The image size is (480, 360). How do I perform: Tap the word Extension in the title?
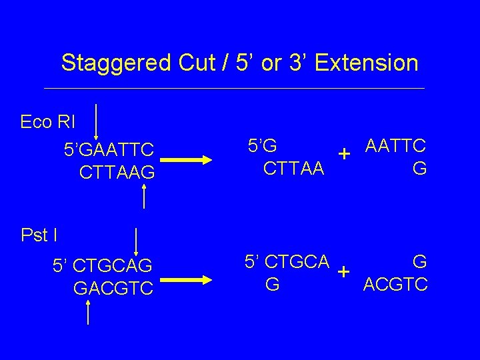point(366,63)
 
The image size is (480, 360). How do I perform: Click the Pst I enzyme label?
point(39,235)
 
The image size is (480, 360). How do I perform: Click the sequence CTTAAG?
point(117,173)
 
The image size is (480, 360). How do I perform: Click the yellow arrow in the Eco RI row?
point(193,160)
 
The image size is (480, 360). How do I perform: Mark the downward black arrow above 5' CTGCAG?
point(136,241)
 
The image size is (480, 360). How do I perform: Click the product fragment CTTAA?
point(294,168)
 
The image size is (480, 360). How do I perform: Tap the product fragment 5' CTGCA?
point(287,261)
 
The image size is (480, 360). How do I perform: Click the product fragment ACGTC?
point(395,285)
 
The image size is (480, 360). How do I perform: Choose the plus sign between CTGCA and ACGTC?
point(344,272)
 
